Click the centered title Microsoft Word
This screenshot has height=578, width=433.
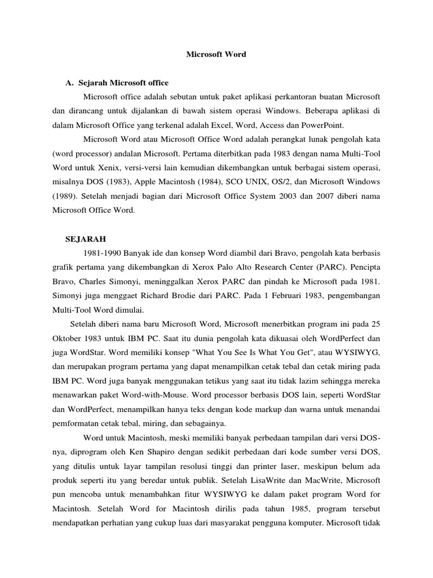tap(216, 55)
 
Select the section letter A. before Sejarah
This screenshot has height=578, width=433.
tap(70, 83)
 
